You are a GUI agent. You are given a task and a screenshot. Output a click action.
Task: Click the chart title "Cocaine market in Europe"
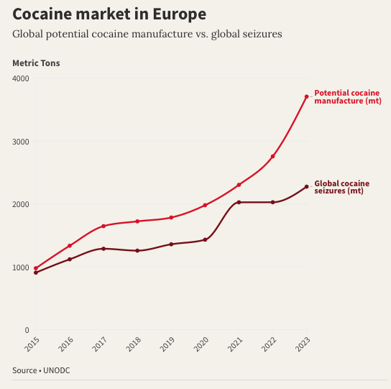pyautogui.click(x=109, y=14)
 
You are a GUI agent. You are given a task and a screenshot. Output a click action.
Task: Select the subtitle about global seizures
pyautogui.click(x=147, y=34)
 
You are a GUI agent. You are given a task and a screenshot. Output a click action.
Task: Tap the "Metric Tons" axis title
pyautogui.click(x=36, y=63)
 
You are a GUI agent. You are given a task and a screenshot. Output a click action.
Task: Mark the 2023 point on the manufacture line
pyautogui.click(x=307, y=96)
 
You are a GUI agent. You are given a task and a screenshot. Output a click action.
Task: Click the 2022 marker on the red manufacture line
pyautogui.click(x=273, y=157)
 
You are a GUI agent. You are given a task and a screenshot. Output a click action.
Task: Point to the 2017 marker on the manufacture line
pyautogui.click(x=103, y=226)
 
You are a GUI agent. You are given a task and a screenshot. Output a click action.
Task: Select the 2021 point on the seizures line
pyautogui.click(x=239, y=202)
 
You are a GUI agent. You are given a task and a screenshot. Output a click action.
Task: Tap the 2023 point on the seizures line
pyautogui.click(x=307, y=187)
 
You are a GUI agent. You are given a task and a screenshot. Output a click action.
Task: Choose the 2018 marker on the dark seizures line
pyautogui.click(x=137, y=251)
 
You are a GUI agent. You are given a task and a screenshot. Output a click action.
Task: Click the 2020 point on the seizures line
pyautogui.click(x=205, y=239)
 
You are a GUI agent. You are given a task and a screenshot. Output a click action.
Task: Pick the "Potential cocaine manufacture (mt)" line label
pyautogui.click(x=348, y=97)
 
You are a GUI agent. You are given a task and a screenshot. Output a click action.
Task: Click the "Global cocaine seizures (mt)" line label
pyautogui.click(x=342, y=187)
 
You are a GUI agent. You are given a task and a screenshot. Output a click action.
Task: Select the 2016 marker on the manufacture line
pyautogui.click(x=70, y=246)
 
